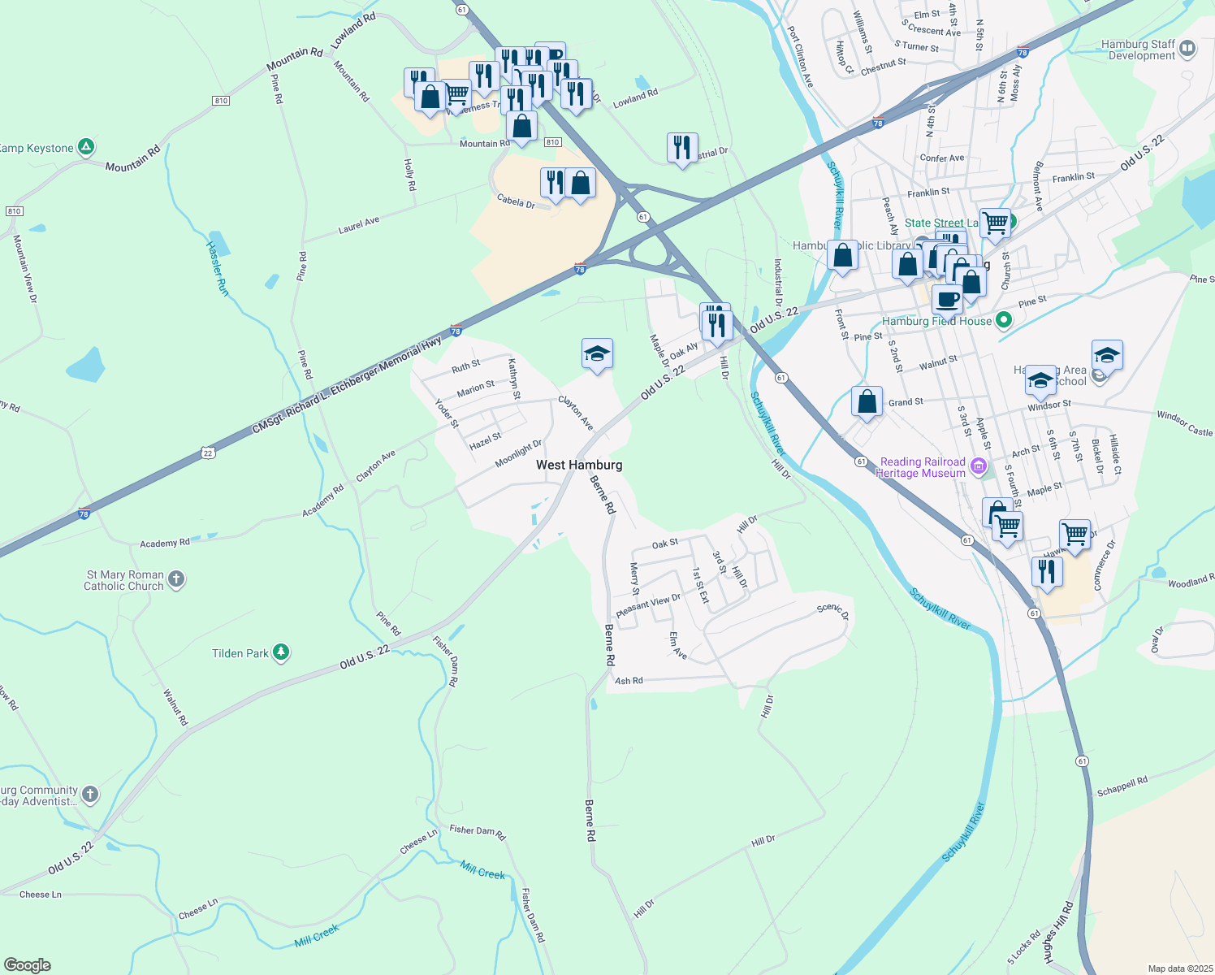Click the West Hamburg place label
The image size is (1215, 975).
(579, 465)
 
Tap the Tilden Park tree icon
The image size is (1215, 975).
(281, 652)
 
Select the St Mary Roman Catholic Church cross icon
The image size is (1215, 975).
(176, 580)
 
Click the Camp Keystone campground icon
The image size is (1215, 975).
(86, 148)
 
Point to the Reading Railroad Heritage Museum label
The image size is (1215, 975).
(923, 467)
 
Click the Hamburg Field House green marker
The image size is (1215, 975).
(1004, 321)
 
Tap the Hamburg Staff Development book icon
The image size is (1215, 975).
(1187, 49)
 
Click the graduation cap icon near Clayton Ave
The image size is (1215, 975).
(597, 354)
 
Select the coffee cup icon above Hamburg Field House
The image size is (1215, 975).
(947, 299)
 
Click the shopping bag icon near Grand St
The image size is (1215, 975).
(867, 401)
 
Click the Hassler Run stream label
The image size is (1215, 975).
(217, 268)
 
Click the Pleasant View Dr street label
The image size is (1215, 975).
(647, 604)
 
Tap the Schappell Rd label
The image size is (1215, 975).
(1122, 786)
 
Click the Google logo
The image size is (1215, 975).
(28, 964)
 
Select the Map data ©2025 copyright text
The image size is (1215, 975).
(1178, 968)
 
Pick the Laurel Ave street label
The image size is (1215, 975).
(359, 225)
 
